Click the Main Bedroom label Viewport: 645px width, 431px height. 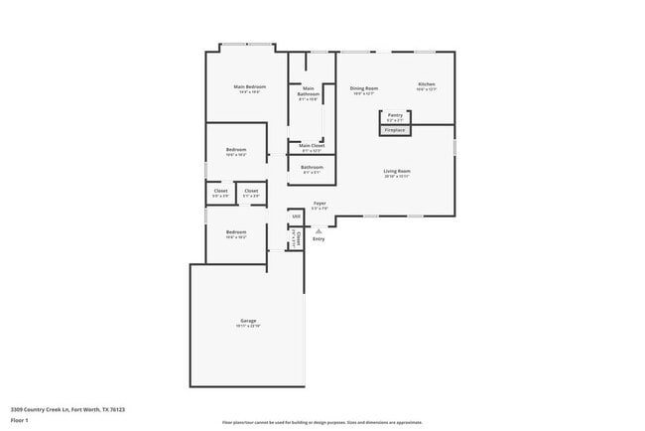249,86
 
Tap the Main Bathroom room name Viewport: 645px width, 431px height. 309,92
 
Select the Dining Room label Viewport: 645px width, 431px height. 363,88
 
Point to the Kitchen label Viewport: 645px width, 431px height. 426,84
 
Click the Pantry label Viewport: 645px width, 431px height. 395,115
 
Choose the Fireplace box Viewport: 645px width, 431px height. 395,130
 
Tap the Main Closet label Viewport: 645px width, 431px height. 312,146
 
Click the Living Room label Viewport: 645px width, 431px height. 397,172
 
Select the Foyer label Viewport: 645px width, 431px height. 320,204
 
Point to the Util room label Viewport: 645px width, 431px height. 296,215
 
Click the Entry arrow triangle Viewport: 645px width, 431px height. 319,230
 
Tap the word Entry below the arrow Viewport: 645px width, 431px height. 319,239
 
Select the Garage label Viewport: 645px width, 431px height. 248,321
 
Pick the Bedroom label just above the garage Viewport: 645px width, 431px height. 235,231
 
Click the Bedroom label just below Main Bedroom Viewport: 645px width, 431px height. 235,150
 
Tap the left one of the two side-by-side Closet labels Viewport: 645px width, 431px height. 220,191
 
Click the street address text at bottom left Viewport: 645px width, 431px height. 67,408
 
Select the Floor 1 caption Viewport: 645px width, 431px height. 20,419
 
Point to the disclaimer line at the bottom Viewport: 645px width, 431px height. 322,422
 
